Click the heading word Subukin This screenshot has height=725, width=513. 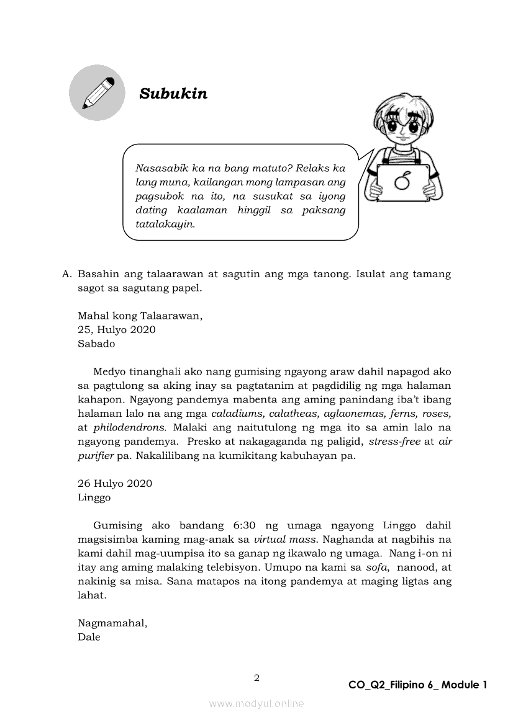coord(173,94)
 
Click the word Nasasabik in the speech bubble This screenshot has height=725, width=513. coord(159,169)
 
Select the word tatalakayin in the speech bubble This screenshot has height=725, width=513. coord(165,223)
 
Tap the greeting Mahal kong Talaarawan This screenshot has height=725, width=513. coord(140,316)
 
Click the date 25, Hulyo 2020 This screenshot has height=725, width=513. coord(117,329)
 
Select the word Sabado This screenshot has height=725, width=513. coord(96,343)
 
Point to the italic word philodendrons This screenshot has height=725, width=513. coord(130,427)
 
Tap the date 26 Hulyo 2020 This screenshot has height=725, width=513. coord(115,483)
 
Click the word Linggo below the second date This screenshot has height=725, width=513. coord(94,497)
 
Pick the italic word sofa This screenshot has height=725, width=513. coord(374,567)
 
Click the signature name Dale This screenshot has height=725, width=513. coord(89,637)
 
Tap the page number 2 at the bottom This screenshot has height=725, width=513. coord(256,678)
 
